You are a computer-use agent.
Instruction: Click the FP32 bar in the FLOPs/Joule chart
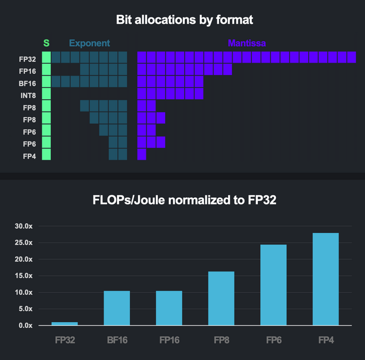[64, 323]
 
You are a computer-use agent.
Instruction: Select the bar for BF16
[117, 308]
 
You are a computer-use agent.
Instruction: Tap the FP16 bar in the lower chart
[169, 308]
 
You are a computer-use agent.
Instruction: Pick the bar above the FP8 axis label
[221, 299]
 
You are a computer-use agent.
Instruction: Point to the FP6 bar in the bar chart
[273, 285]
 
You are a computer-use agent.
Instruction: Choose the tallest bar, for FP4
[326, 279]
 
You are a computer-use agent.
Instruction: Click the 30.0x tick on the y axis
[25, 226]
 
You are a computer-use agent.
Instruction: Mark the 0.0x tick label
[26, 326]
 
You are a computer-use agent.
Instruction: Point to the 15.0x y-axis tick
[25, 276]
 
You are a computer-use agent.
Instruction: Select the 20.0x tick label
[25, 260]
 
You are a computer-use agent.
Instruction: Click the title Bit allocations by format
[184, 20]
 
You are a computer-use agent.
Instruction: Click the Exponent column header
[90, 43]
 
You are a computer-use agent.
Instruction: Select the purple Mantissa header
[247, 43]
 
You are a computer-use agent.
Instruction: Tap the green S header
[46, 43]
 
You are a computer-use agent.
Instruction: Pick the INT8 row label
[28, 95]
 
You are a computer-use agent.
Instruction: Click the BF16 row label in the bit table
[28, 83]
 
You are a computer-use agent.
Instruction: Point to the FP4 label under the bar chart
[326, 341]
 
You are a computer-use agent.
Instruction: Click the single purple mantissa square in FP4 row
[141, 154]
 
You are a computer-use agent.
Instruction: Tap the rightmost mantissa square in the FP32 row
[351, 57]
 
